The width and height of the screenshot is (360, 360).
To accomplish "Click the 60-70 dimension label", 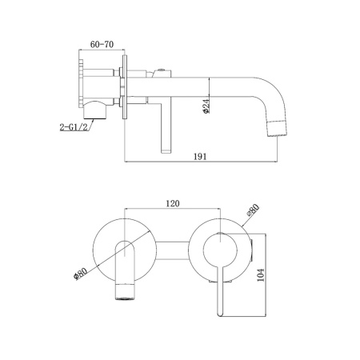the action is click(x=102, y=44).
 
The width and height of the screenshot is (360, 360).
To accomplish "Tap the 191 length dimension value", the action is click(x=200, y=157).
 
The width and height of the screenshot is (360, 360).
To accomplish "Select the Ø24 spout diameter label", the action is click(x=206, y=106).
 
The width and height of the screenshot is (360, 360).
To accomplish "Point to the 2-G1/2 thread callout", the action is click(x=74, y=127).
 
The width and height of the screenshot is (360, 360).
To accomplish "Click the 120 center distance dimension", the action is click(x=173, y=204).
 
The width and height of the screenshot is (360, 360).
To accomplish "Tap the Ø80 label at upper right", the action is click(x=253, y=210).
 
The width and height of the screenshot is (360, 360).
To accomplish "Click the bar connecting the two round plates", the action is click(x=173, y=250).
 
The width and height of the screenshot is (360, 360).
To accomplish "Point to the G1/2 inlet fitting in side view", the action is click(x=95, y=110).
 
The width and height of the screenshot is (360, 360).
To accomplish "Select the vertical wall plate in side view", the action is click(x=125, y=87).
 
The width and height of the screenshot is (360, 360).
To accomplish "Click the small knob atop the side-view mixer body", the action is click(x=161, y=71).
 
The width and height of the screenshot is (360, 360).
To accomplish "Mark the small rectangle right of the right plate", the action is click(x=252, y=250).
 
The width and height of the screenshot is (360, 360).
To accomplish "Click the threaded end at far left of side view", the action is click(x=81, y=84).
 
